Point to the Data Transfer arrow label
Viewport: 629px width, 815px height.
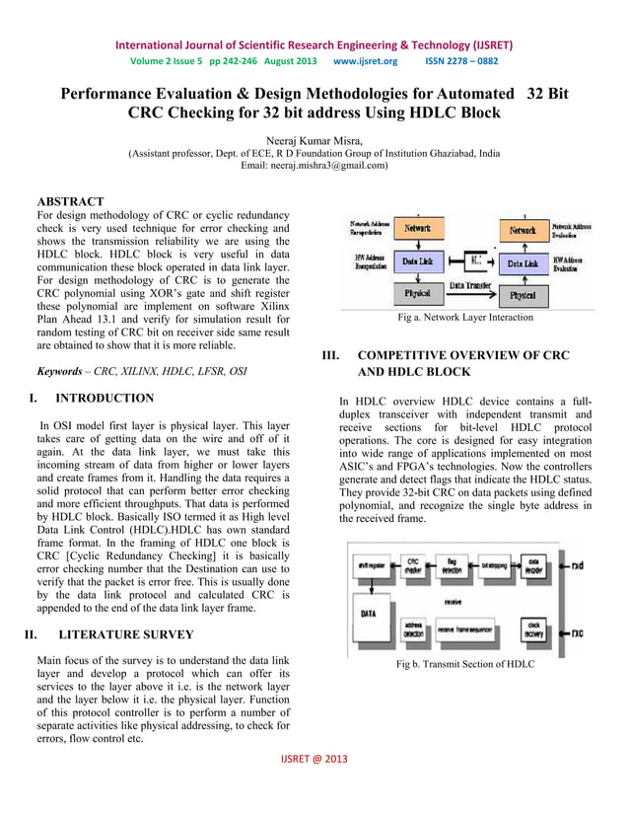[x=470, y=284]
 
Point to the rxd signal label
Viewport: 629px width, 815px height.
[x=576, y=566]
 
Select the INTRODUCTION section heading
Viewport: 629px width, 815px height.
[x=104, y=399]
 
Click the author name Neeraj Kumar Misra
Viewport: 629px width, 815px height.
[x=314, y=139]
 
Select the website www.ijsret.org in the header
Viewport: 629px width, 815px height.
[x=365, y=61]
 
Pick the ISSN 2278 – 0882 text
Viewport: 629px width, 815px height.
[x=461, y=61]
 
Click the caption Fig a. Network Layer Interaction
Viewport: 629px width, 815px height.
[x=464, y=318]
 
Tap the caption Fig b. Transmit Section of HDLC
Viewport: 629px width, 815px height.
[x=464, y=664]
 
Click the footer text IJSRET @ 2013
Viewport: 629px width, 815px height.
[x=314, y=785]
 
